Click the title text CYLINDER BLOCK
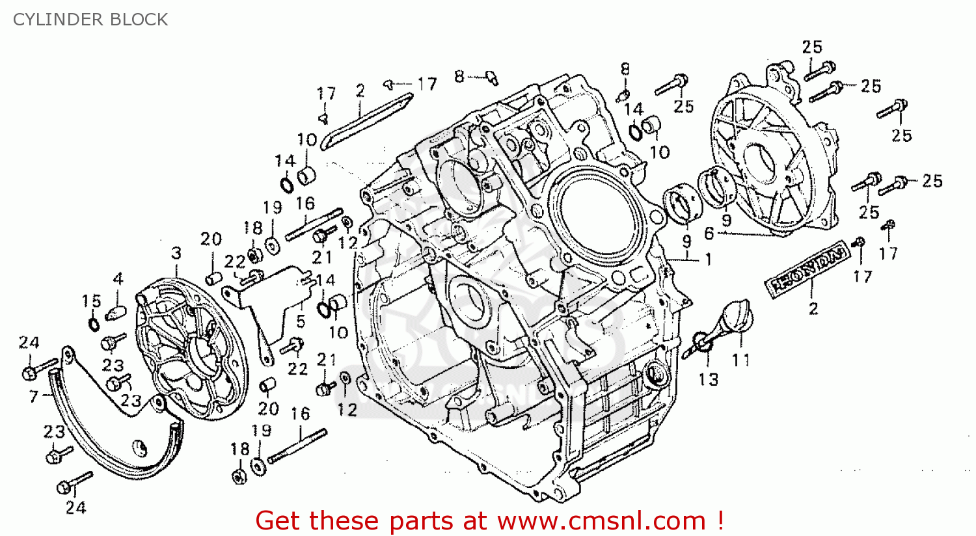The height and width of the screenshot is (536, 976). tap(90, 20)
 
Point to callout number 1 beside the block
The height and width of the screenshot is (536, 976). tap(708, 260)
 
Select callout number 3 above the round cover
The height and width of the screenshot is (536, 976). tap(176, 253)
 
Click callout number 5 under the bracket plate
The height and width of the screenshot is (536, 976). tap(301, 321)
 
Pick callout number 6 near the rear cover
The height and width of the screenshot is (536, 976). tap(709, 233)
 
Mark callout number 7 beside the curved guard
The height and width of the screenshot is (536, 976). tap(34, 395)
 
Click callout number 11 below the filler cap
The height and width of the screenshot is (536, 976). tap(740, 360)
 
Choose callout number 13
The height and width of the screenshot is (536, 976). tap(709, 379)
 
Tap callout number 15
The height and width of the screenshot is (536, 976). tap(91, 301)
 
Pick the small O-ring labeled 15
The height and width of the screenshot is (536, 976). tap(93, 323)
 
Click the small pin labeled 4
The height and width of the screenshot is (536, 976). tap(115, 312)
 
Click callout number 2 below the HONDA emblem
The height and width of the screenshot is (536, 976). tap(813, 308)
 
